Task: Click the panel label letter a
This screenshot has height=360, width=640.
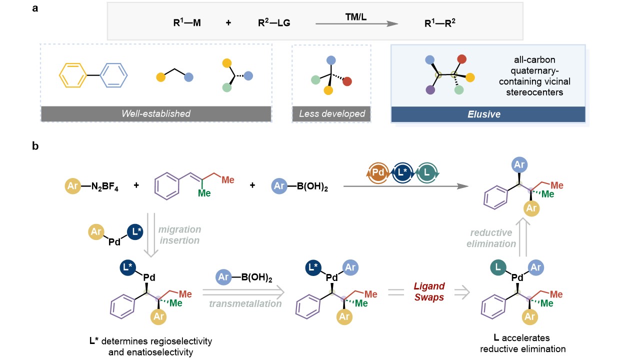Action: click(x=36, y=9)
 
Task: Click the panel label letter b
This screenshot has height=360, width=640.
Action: click(x=36, y=146)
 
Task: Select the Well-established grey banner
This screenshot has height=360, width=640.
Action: click(x=156, y=113)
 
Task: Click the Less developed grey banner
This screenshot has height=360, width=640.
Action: click(x=332, y=113)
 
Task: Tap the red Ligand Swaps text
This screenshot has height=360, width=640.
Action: click(x=428, y=290)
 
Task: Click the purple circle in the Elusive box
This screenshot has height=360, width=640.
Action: click(x=429, y=90)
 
